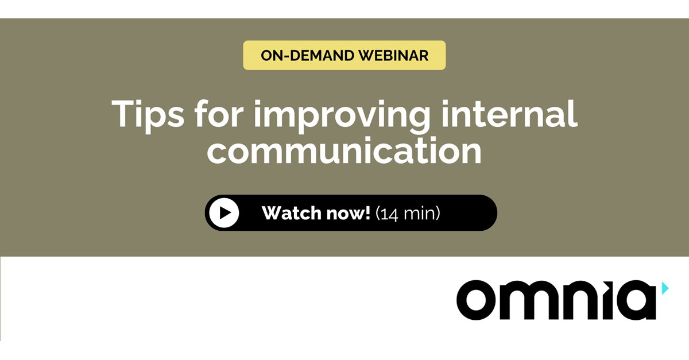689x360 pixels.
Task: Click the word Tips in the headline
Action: [148, 114]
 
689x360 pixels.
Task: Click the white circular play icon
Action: [224, 213]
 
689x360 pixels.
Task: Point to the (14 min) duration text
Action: [408, 214]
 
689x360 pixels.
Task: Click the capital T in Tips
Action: [123, 114]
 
